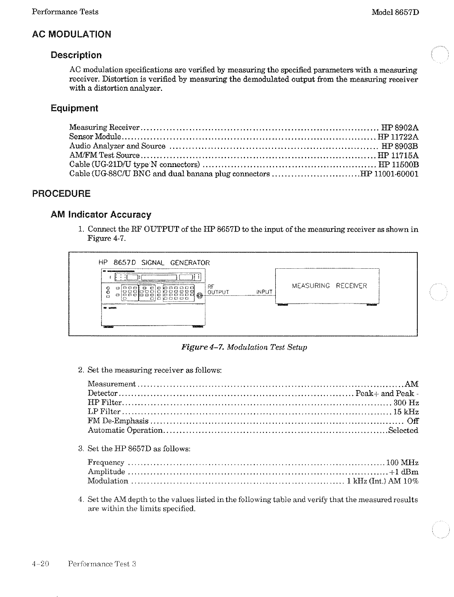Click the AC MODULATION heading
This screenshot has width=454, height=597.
coord(71,34)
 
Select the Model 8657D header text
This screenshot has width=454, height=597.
coord(395,12)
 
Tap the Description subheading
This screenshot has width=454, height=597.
coord(76,55)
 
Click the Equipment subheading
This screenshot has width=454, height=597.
coord(75,108)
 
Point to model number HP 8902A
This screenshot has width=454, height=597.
coord(400,128)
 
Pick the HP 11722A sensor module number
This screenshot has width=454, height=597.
coord(398,137)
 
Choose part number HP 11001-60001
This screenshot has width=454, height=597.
coord(389,174)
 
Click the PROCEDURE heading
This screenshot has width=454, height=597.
coord(61,194)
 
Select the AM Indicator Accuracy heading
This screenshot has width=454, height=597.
coord(101,215)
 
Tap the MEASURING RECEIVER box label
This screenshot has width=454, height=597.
coord(329,286)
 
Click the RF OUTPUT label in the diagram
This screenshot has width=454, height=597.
coord(218,290)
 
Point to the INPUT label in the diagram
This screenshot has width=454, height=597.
coord(264,292)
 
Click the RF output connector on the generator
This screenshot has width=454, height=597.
coord(200,296)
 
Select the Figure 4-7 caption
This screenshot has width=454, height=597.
coord(244,347)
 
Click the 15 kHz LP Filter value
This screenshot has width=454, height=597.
coord(406,412)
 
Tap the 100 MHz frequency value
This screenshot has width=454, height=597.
coord(402,463)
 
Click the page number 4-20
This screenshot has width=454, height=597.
coord(40,564)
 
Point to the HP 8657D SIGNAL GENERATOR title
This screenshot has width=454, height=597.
coord(154,263)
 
